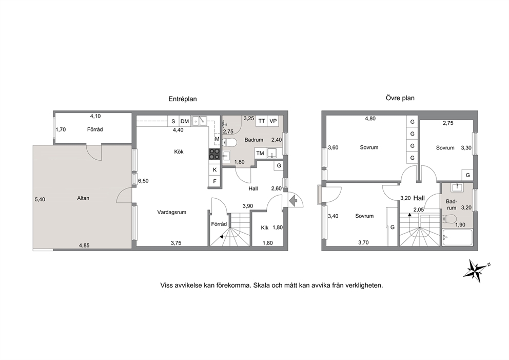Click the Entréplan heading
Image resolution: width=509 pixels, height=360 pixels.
point(183,99)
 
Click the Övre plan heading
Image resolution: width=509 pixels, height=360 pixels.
point(400,98)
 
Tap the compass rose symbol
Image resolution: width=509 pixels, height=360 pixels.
point(477,269)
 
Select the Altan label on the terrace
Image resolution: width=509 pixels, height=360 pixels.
point(83,198)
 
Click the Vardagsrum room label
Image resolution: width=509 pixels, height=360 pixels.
point(172,213)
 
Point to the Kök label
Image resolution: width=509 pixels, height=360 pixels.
point(179,151)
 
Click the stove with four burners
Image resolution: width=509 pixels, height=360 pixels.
point(214,154)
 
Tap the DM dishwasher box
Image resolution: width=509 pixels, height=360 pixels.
point(185,121)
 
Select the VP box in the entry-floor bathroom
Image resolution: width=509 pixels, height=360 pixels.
point(273,121)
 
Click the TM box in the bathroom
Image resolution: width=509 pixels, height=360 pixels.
point(260,154)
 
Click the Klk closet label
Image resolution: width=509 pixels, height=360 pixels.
point(265,228)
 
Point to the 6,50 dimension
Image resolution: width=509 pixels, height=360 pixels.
point(143,181)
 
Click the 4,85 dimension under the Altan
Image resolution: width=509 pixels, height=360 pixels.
point(84,245)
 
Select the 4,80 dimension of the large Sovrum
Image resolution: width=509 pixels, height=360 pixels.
point(370,119)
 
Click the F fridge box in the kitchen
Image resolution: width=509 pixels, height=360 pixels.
point(214,181)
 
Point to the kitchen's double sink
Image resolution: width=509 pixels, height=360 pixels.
point(199,121)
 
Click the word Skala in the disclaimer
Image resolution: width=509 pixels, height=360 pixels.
point(262,286)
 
